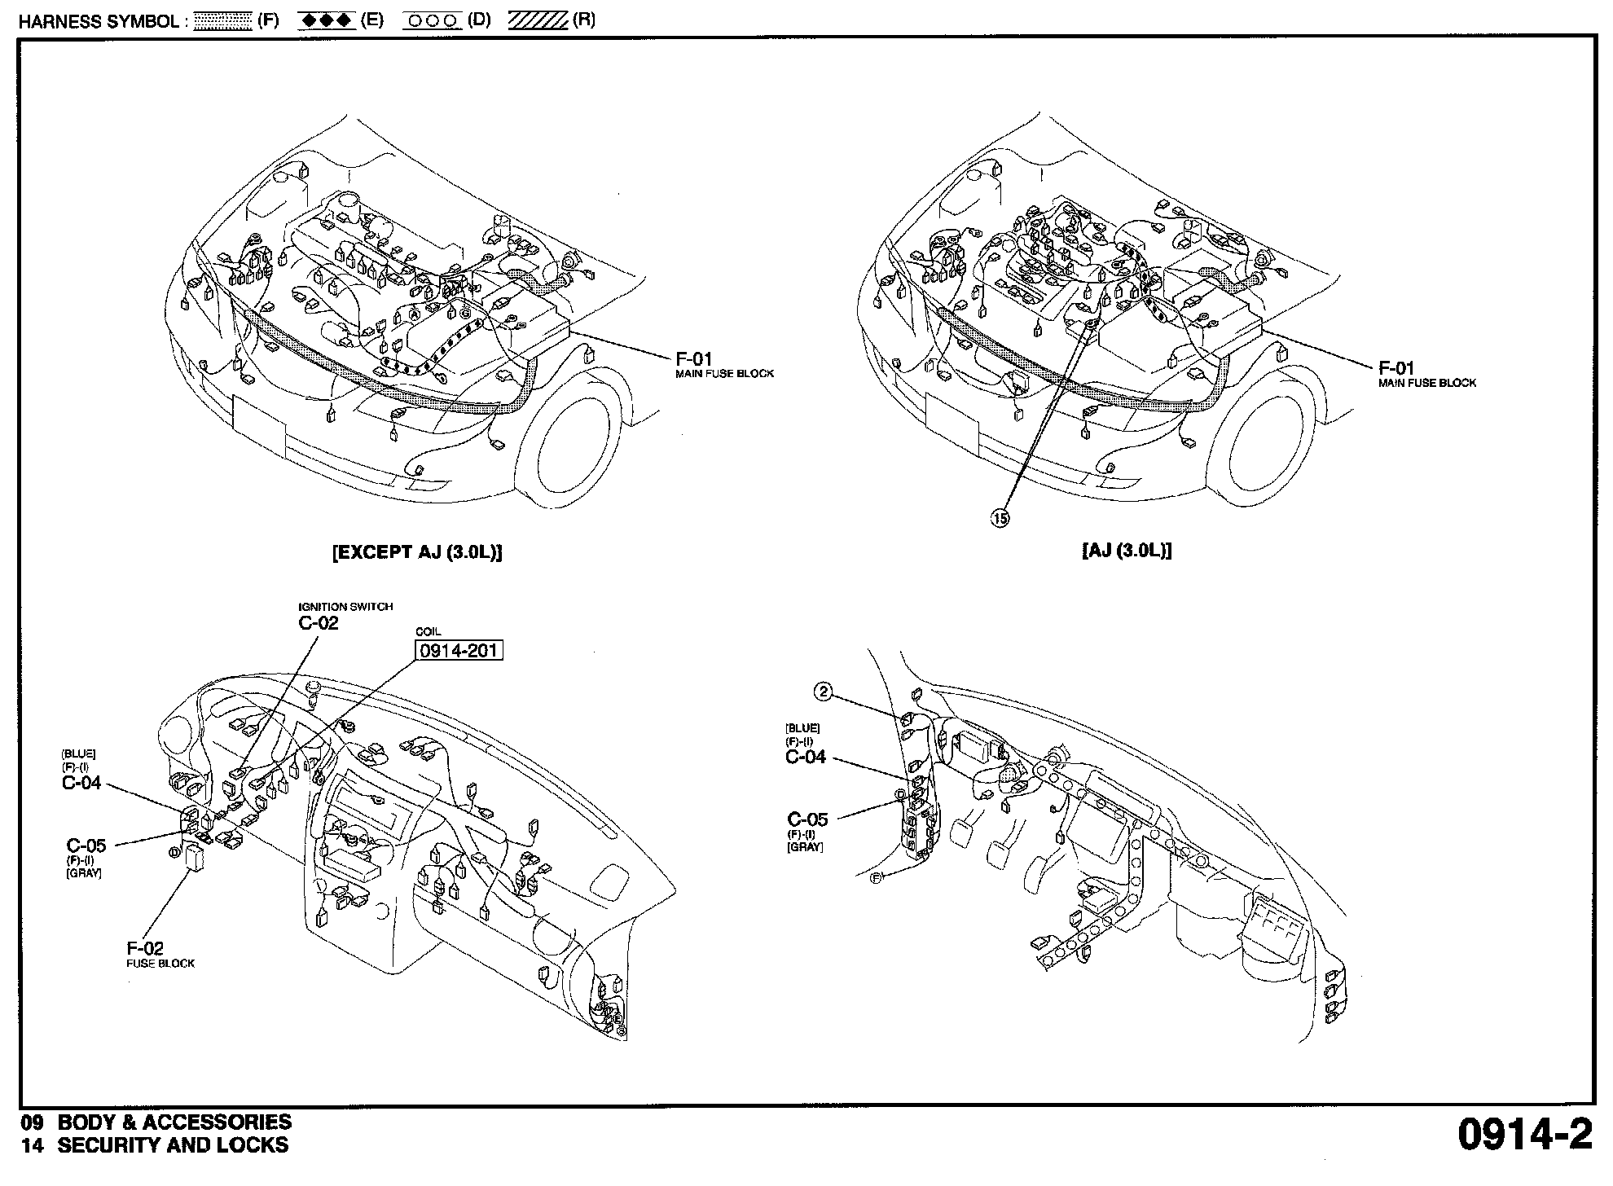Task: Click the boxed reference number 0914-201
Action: click(459, 650)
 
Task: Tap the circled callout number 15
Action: click(1000, 517)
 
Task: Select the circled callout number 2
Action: click(824, 692)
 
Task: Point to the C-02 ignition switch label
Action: click(319, 623)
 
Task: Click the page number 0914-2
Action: click(1524, 1135)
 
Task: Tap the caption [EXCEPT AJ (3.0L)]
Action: click(417, 552)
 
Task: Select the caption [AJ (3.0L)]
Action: click(1127, 551)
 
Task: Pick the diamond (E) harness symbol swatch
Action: click(327, 20)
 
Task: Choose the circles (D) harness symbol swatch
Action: click(433, 20)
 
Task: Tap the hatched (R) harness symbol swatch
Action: click(538, 20)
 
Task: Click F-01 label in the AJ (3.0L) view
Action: click(1396, 367)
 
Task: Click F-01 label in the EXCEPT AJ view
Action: click(694, 358)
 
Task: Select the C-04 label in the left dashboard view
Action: click(81, 783)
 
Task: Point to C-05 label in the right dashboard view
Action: click(807, 819)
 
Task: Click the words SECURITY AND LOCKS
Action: click(173, 1144)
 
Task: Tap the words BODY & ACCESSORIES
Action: click(174, 1122)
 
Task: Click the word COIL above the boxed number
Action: click(428, 632)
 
